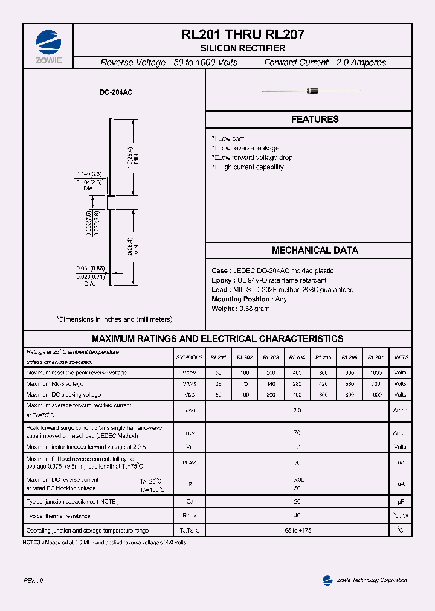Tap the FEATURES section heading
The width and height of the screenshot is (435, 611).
[x=315, y=120]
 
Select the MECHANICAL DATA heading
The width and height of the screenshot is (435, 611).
[x=315, y=250]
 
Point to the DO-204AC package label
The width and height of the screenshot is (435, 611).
[x=117, y=93]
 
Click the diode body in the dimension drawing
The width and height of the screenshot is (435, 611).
[x=111, y=202]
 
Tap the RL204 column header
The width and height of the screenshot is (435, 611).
[x=297, y=357]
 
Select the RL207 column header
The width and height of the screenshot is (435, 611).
[x=375, y=357]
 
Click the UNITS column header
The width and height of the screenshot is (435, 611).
[x=400, y=357]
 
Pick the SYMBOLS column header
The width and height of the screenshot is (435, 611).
[x=189, y=357]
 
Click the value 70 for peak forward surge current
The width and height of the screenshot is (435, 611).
[x=297, y=432]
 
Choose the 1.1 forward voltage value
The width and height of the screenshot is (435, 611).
[x=297, y=447]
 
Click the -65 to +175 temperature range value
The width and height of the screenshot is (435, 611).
[x=297, y=531]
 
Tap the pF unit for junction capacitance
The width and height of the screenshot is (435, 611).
[x=400, y=501]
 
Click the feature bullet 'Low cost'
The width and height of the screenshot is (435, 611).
[x=231, y=139]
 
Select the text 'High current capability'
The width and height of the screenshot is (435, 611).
[x=250, y=167]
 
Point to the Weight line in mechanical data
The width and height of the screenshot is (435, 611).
[x=240, y=309]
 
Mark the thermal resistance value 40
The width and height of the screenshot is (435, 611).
[x=297, y=516]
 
